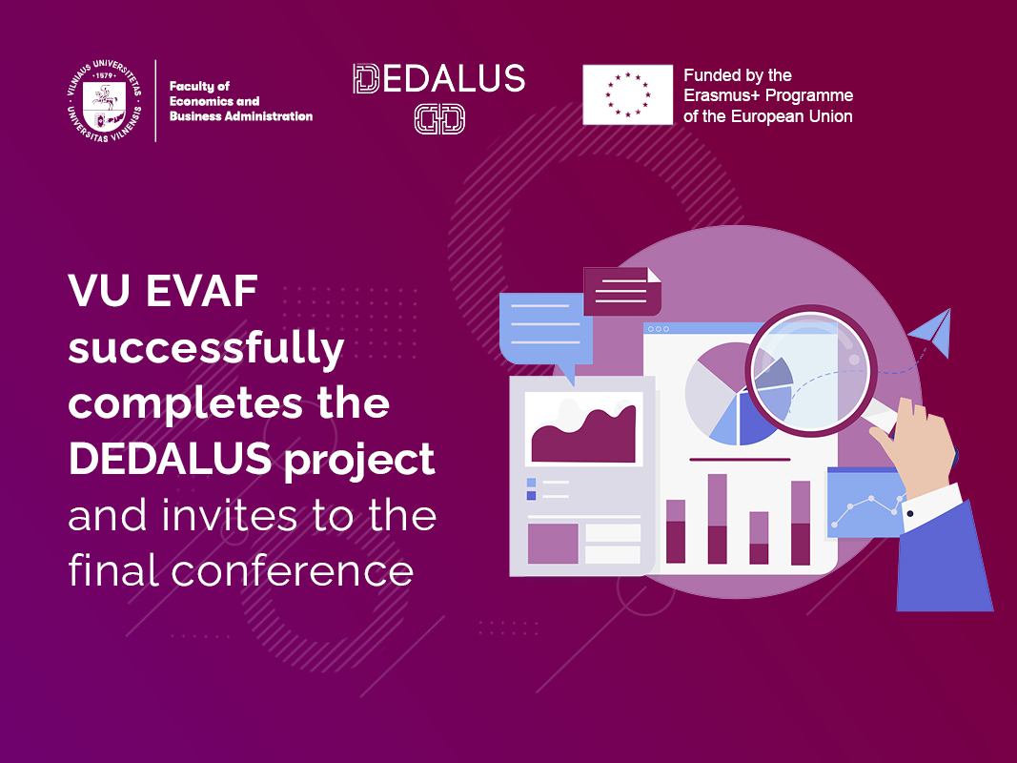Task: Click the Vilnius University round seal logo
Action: pyautogui.click(x=104, y=100)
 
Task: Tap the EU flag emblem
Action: pyautogui.click(x=627, y=94)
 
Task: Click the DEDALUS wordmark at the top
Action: pyautogui.click(x=439, y=78)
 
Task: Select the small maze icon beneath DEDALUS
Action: pyautogui.click(x=439, y=119)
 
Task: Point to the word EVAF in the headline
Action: pyautogui.click(x=202, y=291)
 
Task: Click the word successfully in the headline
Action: pyautogui.click(x=206, y=349)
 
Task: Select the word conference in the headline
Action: pyautogui.click(x=293, y=571)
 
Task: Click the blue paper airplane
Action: pyautogui.click(x=930, y=332)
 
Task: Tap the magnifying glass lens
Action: pyautogui.click(x=811, y=372)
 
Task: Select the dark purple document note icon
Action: pyautogui.click(x=622, y=291)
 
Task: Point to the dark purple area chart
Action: pyautogui.click(x=583, y=433)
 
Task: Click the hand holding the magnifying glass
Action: pyautogui.click(x=918, y=447)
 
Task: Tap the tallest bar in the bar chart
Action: pyautogui.click(x=717, y=519)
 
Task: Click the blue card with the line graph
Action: pyautogui.click(x=865, y=503)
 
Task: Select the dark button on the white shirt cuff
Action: pyautogui.click(x=910, y=514)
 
